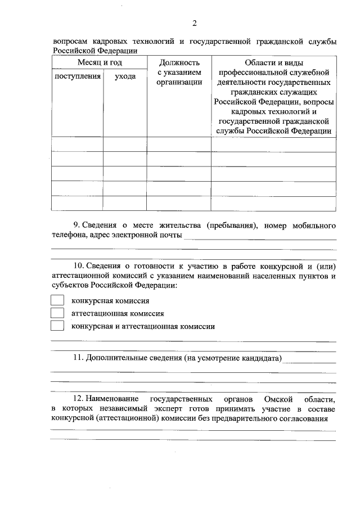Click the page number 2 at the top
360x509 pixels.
pos(194,23)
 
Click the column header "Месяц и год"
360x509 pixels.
pos(99,62)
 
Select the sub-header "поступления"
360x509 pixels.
pos(77,76)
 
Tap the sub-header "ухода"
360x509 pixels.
pos(125,76)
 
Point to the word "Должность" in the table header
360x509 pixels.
pos(179,62)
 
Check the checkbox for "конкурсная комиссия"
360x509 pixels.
pos(57,301)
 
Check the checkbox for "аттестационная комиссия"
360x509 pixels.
pos(57,313)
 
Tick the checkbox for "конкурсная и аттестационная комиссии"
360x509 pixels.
pos(57,326)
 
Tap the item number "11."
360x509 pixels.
pos(79,358)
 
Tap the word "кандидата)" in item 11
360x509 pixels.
pos(262,358)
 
